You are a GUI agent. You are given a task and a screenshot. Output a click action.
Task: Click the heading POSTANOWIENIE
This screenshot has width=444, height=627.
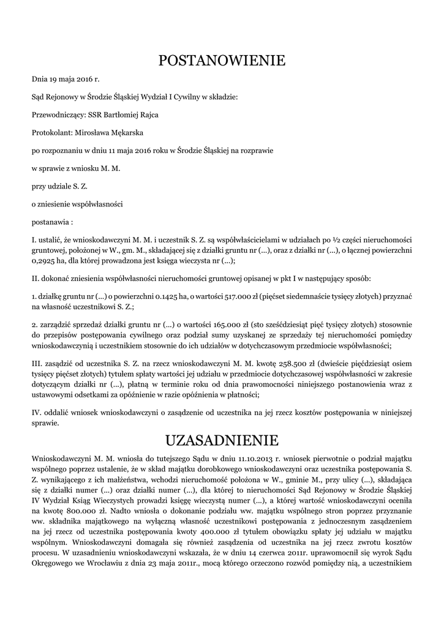[x=222, y=60]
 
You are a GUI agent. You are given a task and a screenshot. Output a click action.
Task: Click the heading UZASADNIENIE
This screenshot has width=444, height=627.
[x=222, y=440]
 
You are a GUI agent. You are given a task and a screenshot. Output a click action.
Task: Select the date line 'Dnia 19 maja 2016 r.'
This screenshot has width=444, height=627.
[x=65, y=80]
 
